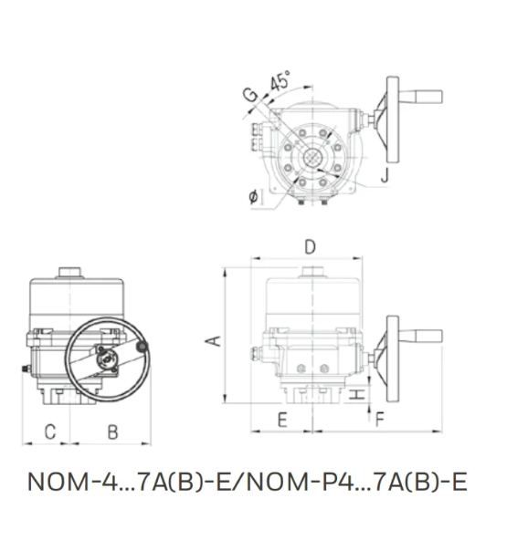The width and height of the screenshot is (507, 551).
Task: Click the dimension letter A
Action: pos(213,341)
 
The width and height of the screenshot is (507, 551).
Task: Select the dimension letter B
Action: pos(112,431)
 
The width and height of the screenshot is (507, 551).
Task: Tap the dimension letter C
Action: pos(50,431)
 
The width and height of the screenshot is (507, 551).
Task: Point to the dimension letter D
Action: pos(310,246)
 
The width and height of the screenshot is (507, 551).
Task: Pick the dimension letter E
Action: pos(282,420)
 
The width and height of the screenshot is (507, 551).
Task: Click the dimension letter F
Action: pos(380,420)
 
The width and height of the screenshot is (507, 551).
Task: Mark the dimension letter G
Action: pos(250,95)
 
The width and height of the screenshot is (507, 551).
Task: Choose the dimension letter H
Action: pos(357,394)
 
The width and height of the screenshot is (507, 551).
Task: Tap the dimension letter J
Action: pos(385,174)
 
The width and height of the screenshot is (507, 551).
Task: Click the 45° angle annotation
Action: pos(280,81)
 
